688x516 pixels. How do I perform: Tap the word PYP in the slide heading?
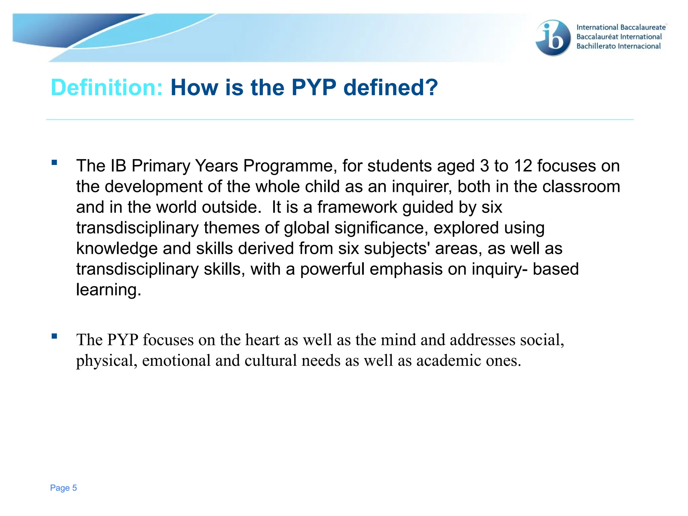tap(313, 88)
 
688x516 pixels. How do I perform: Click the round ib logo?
tap(553, 38)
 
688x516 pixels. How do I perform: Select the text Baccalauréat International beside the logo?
tap(619, 37)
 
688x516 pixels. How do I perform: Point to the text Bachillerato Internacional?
tap(618, 46)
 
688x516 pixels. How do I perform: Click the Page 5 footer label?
tap(63, 488)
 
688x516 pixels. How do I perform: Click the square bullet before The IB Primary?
tap(54, 163)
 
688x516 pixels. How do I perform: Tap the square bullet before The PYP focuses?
tap(54, 336)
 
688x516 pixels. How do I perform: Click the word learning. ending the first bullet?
tap(109, 290)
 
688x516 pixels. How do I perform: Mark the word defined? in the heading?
tap(391, 88)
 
